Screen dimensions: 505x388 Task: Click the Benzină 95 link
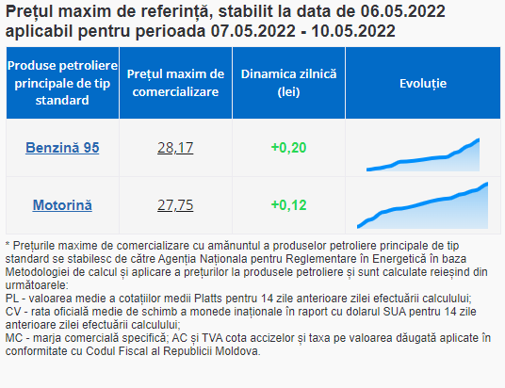point(62,148)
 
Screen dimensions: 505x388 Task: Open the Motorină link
point(62,205)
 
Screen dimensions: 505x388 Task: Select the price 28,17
point(175,148)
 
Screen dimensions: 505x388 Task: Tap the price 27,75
point(175,205)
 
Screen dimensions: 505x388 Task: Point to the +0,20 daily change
point(288,148)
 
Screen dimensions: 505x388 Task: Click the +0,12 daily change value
point(288,205)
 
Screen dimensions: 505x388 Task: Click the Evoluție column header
point(423,84)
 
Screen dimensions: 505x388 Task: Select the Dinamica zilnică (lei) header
point(288,83)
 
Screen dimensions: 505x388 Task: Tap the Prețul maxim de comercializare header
point(175,83)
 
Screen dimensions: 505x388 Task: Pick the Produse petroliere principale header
point(62,83)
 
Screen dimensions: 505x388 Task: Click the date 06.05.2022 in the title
point(402,11)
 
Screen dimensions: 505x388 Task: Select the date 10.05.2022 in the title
point(353,31)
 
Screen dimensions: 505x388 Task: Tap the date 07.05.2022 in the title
point(253,31)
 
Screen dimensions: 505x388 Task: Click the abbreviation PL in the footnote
point(12,299)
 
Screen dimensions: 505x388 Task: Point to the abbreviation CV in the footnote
point(12,312)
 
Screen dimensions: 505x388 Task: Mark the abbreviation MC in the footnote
point(14,338)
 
